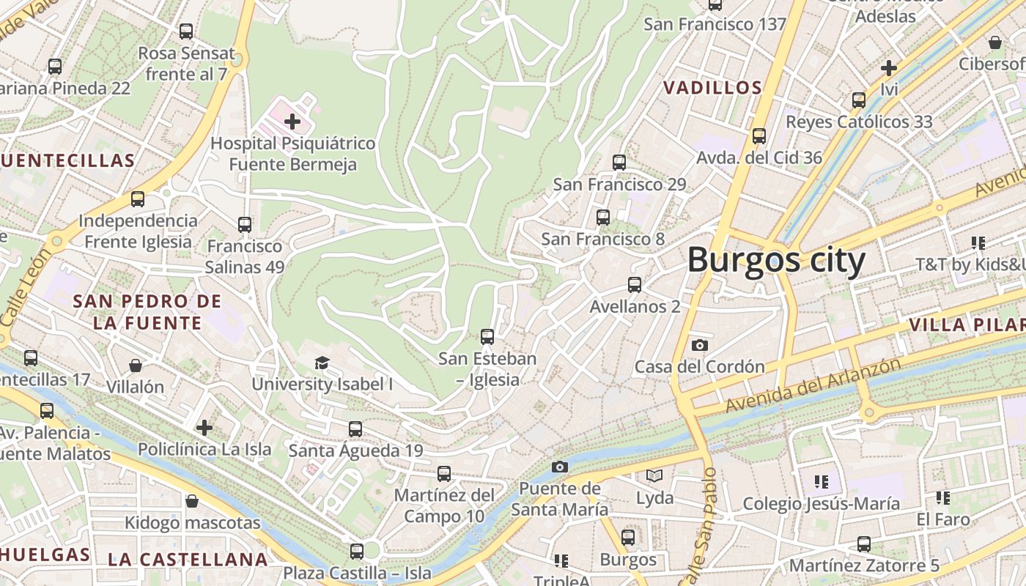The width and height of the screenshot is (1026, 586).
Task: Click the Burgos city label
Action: (776, 260)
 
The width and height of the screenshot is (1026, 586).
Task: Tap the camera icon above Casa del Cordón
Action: (700, 345)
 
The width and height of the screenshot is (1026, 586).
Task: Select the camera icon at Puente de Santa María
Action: (560, 467)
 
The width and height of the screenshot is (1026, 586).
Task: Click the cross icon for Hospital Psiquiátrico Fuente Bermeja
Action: (292, 122)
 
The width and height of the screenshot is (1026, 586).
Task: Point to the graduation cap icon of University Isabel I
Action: (322, 363)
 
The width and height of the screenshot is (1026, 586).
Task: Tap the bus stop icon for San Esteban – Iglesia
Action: (487, 337)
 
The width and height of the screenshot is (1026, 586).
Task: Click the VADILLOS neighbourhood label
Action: (712, 88)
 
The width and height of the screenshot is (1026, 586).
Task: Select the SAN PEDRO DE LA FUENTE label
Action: (147, 312)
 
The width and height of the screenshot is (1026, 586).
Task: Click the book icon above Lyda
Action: (654, 476)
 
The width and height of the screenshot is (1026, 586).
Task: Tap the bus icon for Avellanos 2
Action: (635, 285)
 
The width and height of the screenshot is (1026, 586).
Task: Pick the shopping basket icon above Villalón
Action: (136, 365)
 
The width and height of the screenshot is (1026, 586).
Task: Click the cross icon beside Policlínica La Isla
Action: (204, 427)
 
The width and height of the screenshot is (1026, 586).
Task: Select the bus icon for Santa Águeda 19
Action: (355, 429)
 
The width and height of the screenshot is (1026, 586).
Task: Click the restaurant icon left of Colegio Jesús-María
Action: (821, 482)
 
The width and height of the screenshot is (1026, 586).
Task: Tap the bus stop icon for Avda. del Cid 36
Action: (759, 136)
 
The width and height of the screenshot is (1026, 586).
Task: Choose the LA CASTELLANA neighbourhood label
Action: (188, 560)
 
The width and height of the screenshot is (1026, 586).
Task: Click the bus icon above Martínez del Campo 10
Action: (444, 474)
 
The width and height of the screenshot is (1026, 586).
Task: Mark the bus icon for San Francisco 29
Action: (619, 163)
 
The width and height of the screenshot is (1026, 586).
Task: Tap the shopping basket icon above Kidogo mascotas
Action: (192, 501)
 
